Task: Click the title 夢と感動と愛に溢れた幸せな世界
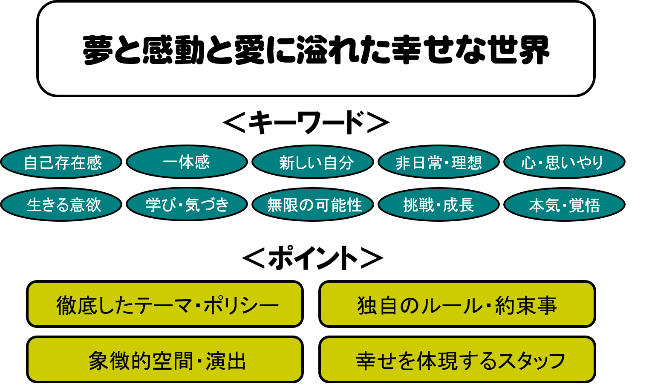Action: tap(316, 50)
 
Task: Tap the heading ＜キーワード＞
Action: tap(306, 122)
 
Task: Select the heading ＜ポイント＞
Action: tap(313, 258)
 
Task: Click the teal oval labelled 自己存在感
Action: tap(61, 162)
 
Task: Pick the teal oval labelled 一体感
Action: tap(187, 162)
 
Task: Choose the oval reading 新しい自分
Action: tap(313, 162)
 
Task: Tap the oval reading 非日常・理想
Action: tap(439, 162)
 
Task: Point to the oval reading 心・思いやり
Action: tap(564, 162)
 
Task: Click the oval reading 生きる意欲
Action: tap(61, 205)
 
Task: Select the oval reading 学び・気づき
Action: tap(187, 205)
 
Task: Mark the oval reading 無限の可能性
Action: tap(313, 205)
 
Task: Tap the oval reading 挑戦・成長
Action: tap(439, 205)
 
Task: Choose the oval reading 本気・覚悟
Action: tap(564, 205)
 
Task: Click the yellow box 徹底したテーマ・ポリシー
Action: tap(165, 304)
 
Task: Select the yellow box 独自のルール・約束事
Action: tap(457, 304)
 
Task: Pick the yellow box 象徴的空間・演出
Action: tap(165, 359)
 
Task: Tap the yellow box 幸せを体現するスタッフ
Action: tap(457, 359)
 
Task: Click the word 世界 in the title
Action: tap(519, 50)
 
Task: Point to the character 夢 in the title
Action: tap(98, 50)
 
